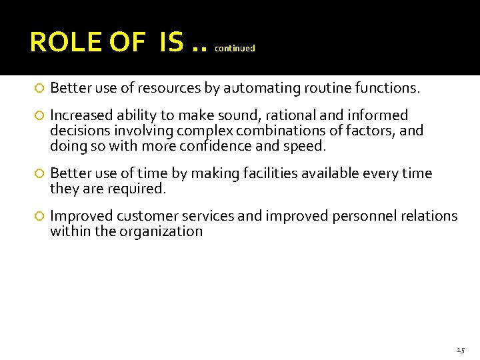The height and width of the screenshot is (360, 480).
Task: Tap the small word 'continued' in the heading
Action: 235,49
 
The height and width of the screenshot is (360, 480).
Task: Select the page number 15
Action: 461,350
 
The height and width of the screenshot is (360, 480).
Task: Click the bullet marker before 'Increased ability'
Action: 40,116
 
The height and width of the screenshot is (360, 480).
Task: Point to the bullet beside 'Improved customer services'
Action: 40,217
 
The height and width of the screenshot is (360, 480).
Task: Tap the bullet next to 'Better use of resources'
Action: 40,88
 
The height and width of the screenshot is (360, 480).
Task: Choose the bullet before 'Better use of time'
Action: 40,174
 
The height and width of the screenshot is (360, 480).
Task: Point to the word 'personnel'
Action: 363,216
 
